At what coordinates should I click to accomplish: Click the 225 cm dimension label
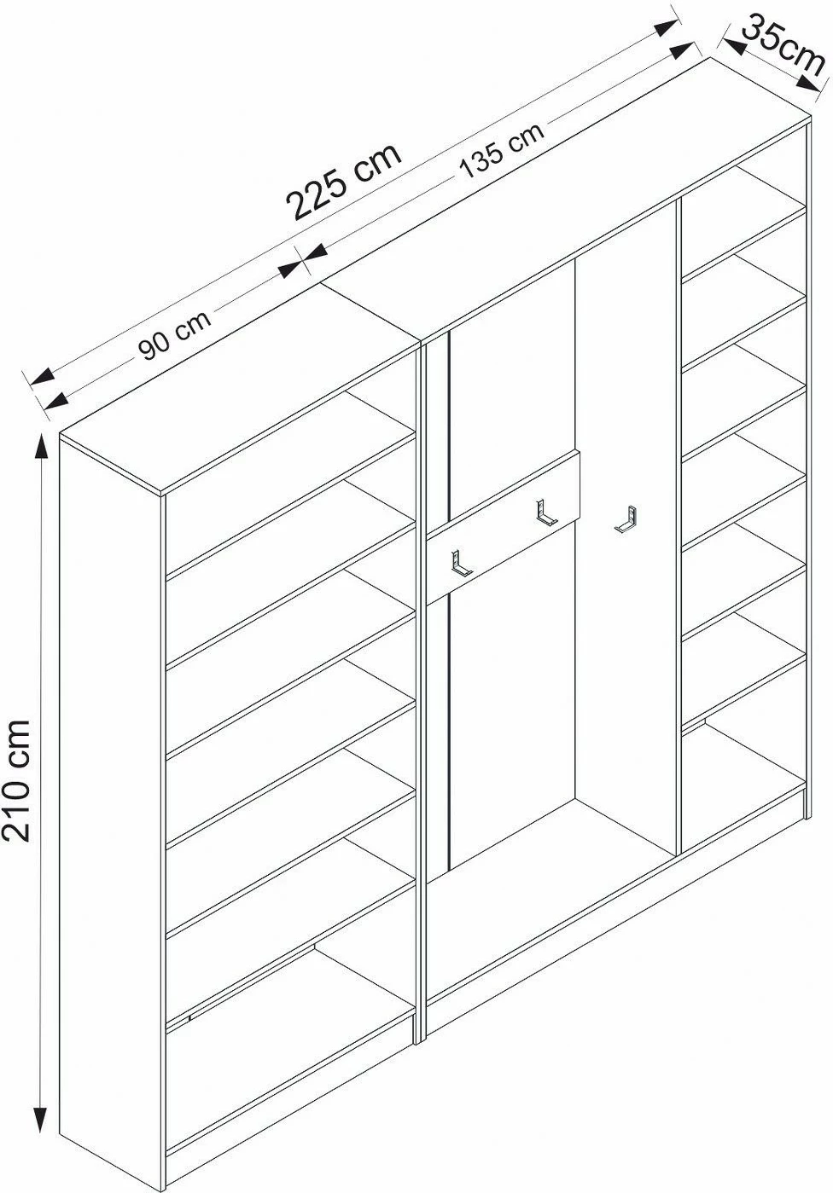(343, 181)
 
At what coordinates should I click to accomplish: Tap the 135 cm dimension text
(501, 151)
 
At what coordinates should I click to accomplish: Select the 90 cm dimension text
(175, 335)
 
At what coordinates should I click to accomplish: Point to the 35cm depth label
(783, 44)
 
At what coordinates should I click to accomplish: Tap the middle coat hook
(545, 513)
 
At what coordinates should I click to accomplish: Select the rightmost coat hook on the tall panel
(626, 518)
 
